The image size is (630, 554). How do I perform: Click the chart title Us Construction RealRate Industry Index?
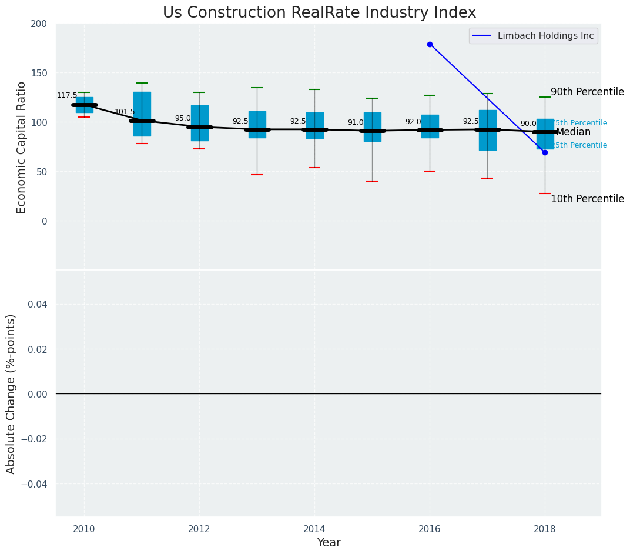click(319, 13)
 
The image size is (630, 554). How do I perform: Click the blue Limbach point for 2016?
click(430, 44)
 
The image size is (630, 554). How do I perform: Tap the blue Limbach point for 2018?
click(545, 152)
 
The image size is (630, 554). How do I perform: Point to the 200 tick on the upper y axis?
click(39, 24)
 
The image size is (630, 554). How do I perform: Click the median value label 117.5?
click(67, 95)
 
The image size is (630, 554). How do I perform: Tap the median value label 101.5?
click(125, 112)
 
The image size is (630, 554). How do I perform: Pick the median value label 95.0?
click(183, 118)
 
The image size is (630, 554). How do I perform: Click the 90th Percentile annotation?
click(587, 92)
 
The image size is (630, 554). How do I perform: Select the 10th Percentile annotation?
click(587, 199)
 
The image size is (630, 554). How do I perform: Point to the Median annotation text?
click(573, 132)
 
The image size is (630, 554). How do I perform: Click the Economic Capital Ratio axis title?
click(21, 147)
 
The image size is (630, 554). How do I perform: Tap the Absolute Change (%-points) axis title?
click(11, 393)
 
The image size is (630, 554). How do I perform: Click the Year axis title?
click(329, 542)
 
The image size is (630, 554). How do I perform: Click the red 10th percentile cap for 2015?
click(372, 181)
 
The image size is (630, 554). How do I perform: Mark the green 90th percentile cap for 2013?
click(257, 88)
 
